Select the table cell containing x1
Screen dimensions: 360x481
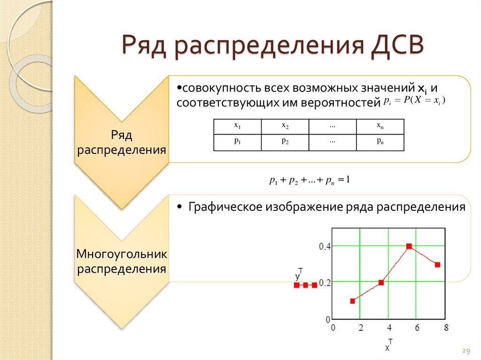(237, 126)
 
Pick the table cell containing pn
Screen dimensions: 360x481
(380, 142)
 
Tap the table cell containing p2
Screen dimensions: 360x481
(285, 142)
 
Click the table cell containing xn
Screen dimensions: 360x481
(380, 126)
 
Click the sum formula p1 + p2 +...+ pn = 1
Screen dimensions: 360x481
(310, 180)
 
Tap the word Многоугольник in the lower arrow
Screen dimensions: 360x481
(122, 254)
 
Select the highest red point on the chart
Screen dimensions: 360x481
(409, 246)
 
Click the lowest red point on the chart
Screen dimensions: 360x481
(352, 301)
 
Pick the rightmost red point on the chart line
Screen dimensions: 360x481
(437, 265)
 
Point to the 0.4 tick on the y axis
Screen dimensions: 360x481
(325, 246)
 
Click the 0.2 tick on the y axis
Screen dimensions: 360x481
(325, 283)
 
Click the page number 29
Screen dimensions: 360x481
(466, 351)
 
